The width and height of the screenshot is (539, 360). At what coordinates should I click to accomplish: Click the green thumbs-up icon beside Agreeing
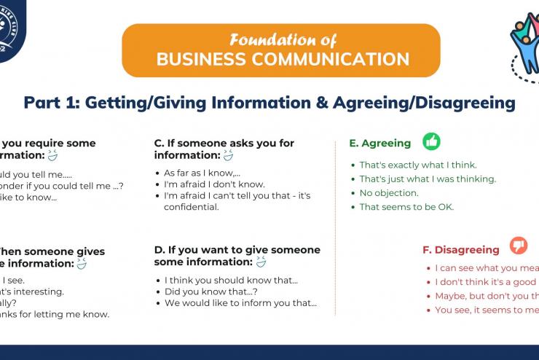432,141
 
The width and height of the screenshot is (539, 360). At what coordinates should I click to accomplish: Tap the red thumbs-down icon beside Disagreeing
519,246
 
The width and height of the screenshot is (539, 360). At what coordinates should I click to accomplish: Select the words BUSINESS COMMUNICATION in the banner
282,59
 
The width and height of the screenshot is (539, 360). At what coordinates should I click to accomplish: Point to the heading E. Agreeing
380,144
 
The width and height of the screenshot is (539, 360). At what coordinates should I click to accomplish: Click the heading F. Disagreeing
461,250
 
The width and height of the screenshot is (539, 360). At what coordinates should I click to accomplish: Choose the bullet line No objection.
389,193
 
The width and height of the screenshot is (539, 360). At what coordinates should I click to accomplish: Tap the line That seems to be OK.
406,207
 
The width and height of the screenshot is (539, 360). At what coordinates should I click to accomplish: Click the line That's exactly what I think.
419,165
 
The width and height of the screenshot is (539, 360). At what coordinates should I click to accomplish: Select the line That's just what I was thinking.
428,179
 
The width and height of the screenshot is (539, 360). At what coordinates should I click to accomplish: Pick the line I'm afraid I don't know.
214,184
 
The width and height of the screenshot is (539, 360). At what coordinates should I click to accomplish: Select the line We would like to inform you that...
240,303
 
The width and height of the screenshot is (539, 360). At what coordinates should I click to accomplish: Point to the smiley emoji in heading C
228,155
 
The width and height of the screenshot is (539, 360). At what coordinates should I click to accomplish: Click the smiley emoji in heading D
261,262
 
